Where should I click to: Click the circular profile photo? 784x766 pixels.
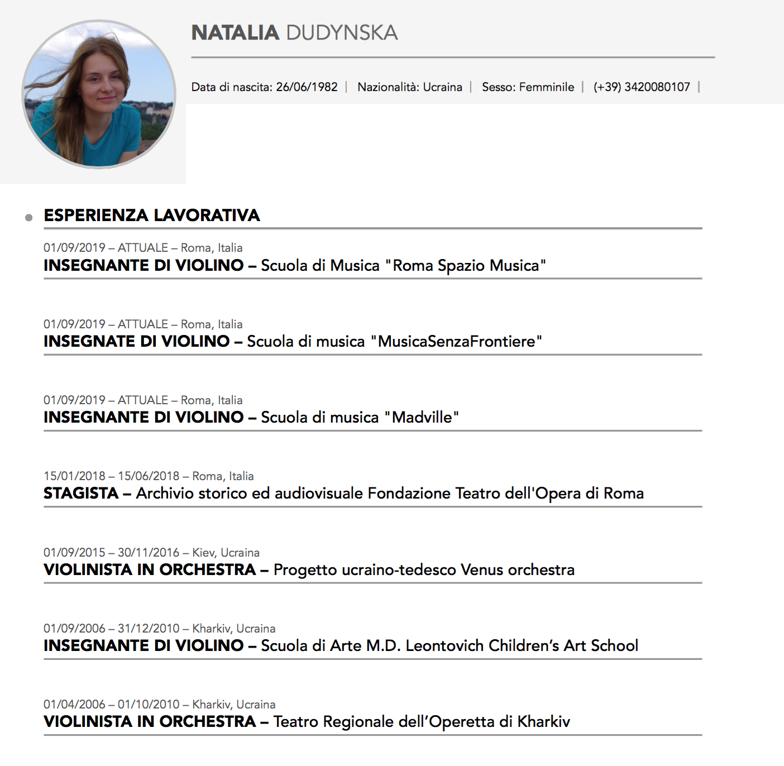click(x=99, y=94)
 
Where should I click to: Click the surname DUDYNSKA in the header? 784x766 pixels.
click(x=342, y=33)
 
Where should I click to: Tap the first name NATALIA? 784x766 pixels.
click(x=235, y=33)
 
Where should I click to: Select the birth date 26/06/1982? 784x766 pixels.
click(x=307, y=87)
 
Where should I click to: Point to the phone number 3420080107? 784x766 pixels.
click(x=657, y=87)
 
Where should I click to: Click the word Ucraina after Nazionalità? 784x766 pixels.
click(x=442, y=87)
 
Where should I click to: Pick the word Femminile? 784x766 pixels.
click(x=546, y=87)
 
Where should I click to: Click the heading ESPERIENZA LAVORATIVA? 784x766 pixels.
click(x=152, y=216)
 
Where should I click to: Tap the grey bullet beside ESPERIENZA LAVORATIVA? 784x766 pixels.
click(x=29, y=217)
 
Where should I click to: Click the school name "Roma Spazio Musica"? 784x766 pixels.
click(x=466, y=265)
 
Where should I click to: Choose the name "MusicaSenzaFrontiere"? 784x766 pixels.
click(x=456, y=341)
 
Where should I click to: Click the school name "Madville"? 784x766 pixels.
click(x=422, y=417)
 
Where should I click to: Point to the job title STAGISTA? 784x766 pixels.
click(x=81, y=494)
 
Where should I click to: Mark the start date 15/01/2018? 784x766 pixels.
click(x=74, y=476)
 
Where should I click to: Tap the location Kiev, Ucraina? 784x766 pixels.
click(x=226, y=553)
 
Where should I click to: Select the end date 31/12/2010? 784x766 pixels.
click(x=149, y=629)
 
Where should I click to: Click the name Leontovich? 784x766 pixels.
click(x=444, y=645)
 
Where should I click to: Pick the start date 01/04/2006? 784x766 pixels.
click(x=74, y=705)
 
